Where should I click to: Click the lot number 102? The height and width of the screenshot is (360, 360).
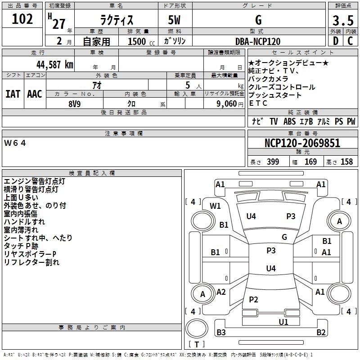click(x=22, y=19)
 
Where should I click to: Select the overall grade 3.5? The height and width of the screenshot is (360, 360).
click(x=343, y=20)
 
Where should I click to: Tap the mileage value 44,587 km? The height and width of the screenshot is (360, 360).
click(x=55, y=65)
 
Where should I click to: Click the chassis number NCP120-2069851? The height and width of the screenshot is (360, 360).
click(x=302, y=143)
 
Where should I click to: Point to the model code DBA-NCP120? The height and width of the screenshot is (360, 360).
click(x=258, y=41)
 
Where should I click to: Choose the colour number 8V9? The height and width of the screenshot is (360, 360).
click(x=75, y=104)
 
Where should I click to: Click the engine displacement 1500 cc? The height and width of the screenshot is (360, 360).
click(x=141, y=41)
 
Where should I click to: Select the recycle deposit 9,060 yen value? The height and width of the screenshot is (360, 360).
click(x=230, y=104)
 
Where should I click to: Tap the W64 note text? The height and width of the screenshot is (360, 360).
click(x=15, y=143)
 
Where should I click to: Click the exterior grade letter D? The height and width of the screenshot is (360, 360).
click(x=336, y=41)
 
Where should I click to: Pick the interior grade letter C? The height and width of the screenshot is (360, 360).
click(x=350, y=41)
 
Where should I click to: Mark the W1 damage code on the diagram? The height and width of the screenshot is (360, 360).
click(x=215, y=206)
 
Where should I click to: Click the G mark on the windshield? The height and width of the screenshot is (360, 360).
click(x=284, y=237)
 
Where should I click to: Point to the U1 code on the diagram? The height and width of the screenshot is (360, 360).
click(x=283, y=322)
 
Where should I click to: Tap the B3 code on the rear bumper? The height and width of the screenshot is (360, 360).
click(x=221, y=332)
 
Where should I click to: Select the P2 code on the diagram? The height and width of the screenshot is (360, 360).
click(x=253, y=299)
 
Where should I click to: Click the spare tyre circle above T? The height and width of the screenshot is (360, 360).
click(x=197, y=328)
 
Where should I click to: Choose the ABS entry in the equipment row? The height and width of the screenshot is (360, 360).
click(x=289, y=121)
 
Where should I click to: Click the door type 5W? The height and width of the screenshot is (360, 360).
click(x=174, y=20)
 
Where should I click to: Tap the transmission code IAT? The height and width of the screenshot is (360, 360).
click(x=13, y=94)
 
